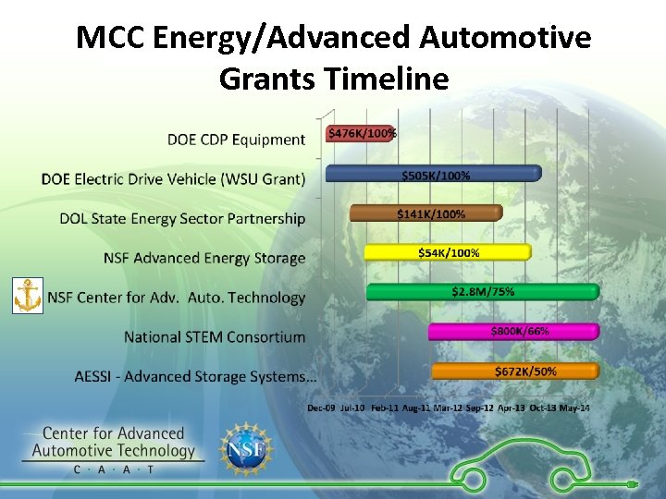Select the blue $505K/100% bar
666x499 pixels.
(x=432, y=174)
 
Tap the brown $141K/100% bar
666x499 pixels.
(x=425, y=213)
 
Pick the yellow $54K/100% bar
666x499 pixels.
(x=448, y=252)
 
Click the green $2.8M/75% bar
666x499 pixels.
(x=482, y=292)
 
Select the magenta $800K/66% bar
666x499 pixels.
(x=513, y=331)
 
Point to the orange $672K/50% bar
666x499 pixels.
(x=515, y=371)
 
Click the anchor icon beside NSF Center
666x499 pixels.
(x=28, y=296)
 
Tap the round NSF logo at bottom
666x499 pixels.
(x=247, y=449)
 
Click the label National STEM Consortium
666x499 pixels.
(x=214, y=336)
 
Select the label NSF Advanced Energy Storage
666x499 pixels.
(x=203, y=258)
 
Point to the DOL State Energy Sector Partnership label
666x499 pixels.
(x=181, y=218)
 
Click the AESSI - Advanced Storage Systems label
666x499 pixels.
(x=195, y=376)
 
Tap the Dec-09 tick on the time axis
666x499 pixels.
(x=321, y=408)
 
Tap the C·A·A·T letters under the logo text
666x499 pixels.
(x=114, y=469)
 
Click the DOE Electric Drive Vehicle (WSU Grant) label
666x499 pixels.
(x=173, y=178)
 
